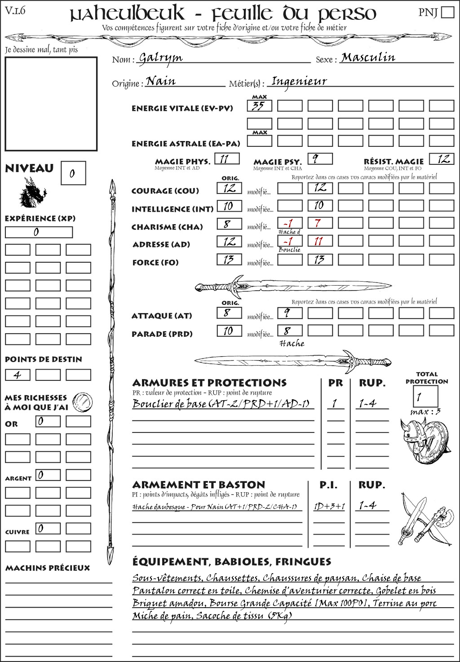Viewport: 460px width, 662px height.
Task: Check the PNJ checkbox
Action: pos(447,12)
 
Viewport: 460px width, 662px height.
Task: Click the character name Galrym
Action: pos(160,58)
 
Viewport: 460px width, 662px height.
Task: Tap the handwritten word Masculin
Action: pos(368,57)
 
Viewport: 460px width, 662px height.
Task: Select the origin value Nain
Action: pos(161,81)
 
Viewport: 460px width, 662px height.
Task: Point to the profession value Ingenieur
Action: pos(299,81)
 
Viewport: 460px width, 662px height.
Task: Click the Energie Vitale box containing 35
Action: pos(259,106)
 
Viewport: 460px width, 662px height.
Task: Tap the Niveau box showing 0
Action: pos(73,173)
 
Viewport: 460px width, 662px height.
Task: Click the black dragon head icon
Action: pos(32,193)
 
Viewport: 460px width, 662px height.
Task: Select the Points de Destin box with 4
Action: pos(18,375)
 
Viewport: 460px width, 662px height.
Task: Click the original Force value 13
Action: pos(229,260)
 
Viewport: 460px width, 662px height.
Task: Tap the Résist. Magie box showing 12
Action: pos(441,159)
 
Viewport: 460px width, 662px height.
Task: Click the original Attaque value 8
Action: pos(229,313)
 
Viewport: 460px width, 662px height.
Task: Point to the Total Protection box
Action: pos(425,397)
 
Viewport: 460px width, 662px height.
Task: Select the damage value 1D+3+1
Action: pos(329,507)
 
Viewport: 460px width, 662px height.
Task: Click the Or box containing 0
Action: pos(48,421)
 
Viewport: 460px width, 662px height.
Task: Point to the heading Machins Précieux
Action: pos(48,568)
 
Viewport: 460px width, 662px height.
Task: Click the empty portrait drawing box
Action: pos(51,104)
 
